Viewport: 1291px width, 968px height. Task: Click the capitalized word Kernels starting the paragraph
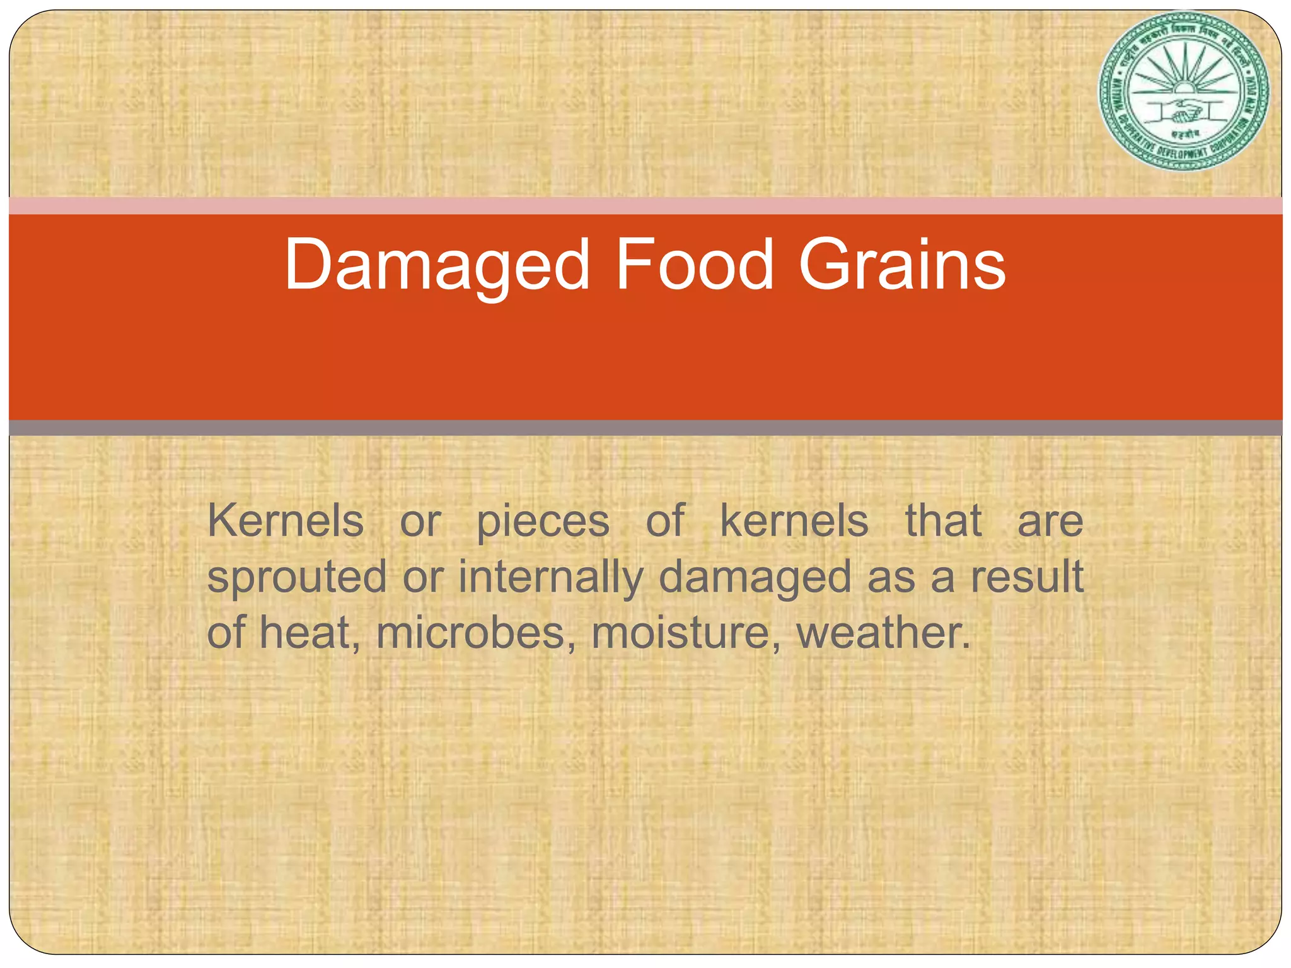286,521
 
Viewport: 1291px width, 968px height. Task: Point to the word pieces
543,522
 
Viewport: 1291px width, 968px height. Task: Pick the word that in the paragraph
944,521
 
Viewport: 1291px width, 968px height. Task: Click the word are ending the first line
1050,522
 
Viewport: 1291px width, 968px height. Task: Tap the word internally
551,577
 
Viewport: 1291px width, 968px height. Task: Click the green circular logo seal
1183,91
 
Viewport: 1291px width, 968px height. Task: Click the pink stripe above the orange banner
645,205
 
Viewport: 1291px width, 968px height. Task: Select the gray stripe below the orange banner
645,428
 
